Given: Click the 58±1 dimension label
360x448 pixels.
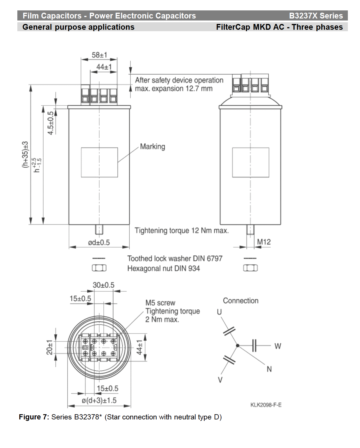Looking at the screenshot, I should pyautogui.click(x=99, y=55).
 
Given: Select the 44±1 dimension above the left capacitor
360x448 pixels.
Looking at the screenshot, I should pyautogui.click(x=104, y=67).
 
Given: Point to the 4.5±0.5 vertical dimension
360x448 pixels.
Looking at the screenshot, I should pyautogui.click(x=51, y=123).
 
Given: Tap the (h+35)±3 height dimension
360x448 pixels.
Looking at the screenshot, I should pyautogui.click(x=25, y=154).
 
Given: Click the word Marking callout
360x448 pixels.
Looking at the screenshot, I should pyautogui.click(x=153, y=147).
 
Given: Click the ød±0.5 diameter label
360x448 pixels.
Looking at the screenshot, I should pyautogui.click(x=99, y=242).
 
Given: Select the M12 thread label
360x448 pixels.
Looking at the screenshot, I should pyautogui.click(x=264, y=242).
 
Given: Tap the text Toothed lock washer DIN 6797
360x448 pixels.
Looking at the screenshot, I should pyautogui.click(x=175, y=258).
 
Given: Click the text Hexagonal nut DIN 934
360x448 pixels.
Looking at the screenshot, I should pyautogui.click(x=164, y=268).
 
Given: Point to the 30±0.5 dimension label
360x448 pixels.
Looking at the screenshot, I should pyautogui.click(x=103, y=285).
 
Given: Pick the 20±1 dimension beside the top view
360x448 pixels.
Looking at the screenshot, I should pyautogui.click(x=50, y=347).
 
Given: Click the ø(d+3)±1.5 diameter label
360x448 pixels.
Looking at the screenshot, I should pyautogui.click(x=99, y=400).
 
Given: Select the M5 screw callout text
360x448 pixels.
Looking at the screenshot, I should pyautogui.click(x=160, y=303).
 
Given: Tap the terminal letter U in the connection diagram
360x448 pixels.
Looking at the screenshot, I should pyautogui.click(x=219, y=312).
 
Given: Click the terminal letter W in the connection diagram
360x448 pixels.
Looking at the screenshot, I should pyautogui.click(x=278, y=346).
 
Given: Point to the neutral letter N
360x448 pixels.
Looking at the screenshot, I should pyautogui.click(x=269, y=369).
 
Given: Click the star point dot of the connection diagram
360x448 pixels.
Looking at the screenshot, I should pyautogui.click(x=237, y=346).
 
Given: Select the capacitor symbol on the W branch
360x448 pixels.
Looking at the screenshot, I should pyautogui.click(x=254, y=346).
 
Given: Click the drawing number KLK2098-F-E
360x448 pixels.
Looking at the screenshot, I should pyautogui.click(x=266, y=405).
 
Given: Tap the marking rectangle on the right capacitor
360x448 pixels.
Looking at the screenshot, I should pyautogui.click(x=250, y=162).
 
